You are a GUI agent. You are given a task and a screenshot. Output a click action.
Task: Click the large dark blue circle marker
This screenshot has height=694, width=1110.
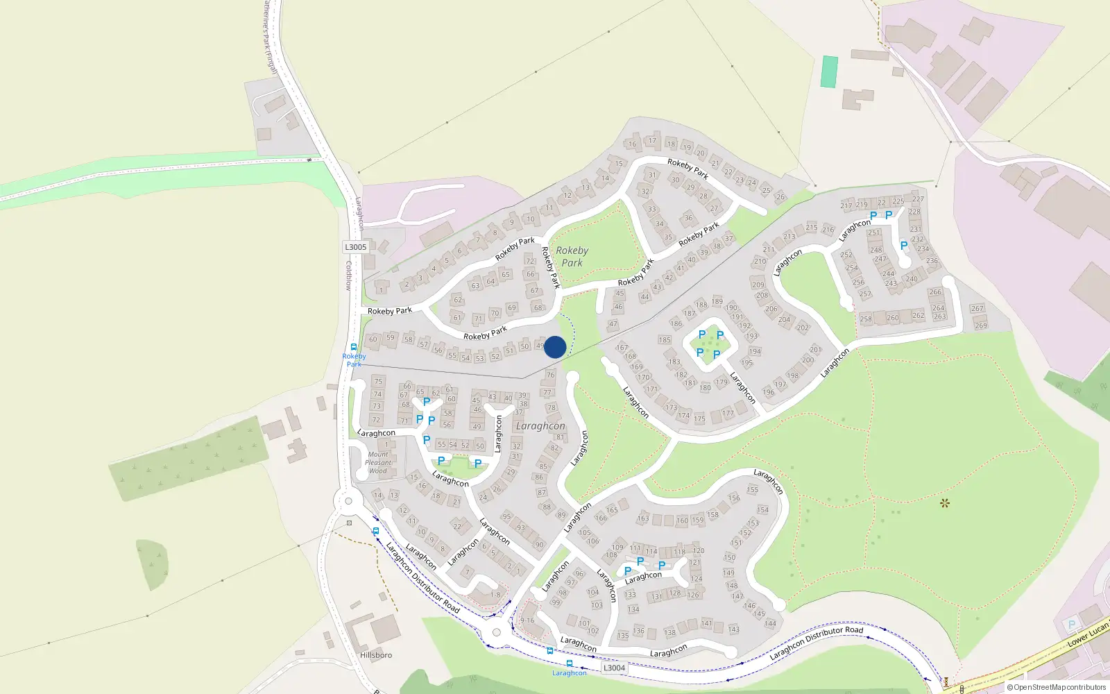tap(555, 347)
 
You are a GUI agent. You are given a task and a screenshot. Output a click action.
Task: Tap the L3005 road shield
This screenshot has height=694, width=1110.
tap(355, 247)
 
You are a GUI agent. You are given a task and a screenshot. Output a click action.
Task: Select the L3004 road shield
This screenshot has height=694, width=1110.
tap(614, 668)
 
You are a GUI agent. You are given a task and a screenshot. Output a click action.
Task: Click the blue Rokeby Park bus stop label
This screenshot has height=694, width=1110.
tap(354, 359)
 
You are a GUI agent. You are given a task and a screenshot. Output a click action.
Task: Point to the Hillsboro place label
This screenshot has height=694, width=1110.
tap(376, 655)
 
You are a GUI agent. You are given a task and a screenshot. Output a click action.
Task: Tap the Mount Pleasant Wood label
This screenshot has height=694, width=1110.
tap(378, 462)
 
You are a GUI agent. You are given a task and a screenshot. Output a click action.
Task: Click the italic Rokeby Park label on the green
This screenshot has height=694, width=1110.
tap(572, 256)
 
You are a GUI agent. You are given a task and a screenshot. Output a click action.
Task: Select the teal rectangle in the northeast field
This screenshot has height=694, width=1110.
tap(829, 72)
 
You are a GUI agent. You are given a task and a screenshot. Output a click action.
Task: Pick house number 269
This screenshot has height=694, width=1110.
tap(981, 325)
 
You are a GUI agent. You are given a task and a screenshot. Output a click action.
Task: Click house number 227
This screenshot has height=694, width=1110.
tap(919, 199)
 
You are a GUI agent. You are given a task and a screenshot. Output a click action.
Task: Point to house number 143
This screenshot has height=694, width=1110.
tap(734, 629)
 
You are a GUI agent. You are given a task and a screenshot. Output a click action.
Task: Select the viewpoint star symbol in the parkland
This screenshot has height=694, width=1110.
tap(944, 503)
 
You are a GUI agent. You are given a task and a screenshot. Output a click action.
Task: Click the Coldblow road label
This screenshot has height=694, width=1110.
tap(349, 275)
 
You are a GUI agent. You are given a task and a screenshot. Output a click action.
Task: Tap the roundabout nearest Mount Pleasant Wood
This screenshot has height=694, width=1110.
tap(348, 501)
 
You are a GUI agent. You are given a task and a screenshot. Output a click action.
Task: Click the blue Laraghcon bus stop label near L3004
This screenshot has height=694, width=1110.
tap(570, 672)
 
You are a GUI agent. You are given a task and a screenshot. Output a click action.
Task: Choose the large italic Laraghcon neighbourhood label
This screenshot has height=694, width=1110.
tap(540, 425)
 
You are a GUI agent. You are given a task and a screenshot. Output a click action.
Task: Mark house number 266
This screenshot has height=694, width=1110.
tap(935, 292)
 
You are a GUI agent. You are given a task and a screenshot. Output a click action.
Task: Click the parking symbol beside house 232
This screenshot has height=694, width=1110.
tap(903, 246)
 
